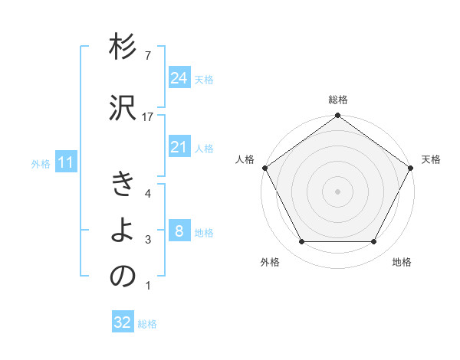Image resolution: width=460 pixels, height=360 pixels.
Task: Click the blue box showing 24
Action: pos(179,77)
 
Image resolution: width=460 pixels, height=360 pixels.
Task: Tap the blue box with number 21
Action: pos(179,147)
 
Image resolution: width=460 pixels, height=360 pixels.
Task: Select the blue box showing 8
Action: pos(179,231)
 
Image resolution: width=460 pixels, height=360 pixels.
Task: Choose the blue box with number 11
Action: pos(65,162)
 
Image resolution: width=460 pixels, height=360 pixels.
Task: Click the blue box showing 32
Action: pos(123,322)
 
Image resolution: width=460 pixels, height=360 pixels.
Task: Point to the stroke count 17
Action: pos(148,116)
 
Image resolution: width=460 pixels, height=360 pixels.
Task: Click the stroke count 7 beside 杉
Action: pos(148,56)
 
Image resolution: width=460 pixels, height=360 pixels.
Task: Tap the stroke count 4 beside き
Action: pos(148,193)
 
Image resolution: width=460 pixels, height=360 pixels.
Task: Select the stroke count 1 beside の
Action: pos(148,286)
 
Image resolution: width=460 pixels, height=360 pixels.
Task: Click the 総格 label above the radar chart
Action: pos(338,100)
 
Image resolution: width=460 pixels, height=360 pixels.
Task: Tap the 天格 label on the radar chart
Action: pos(431,159)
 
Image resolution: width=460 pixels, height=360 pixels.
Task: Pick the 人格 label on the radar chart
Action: pos(245,159)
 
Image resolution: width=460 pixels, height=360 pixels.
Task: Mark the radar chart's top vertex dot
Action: pos(338,116)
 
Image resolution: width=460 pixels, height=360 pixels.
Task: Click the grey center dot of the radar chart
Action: pos(338,191)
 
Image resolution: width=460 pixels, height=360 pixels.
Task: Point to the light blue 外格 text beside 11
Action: pos(41,163)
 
